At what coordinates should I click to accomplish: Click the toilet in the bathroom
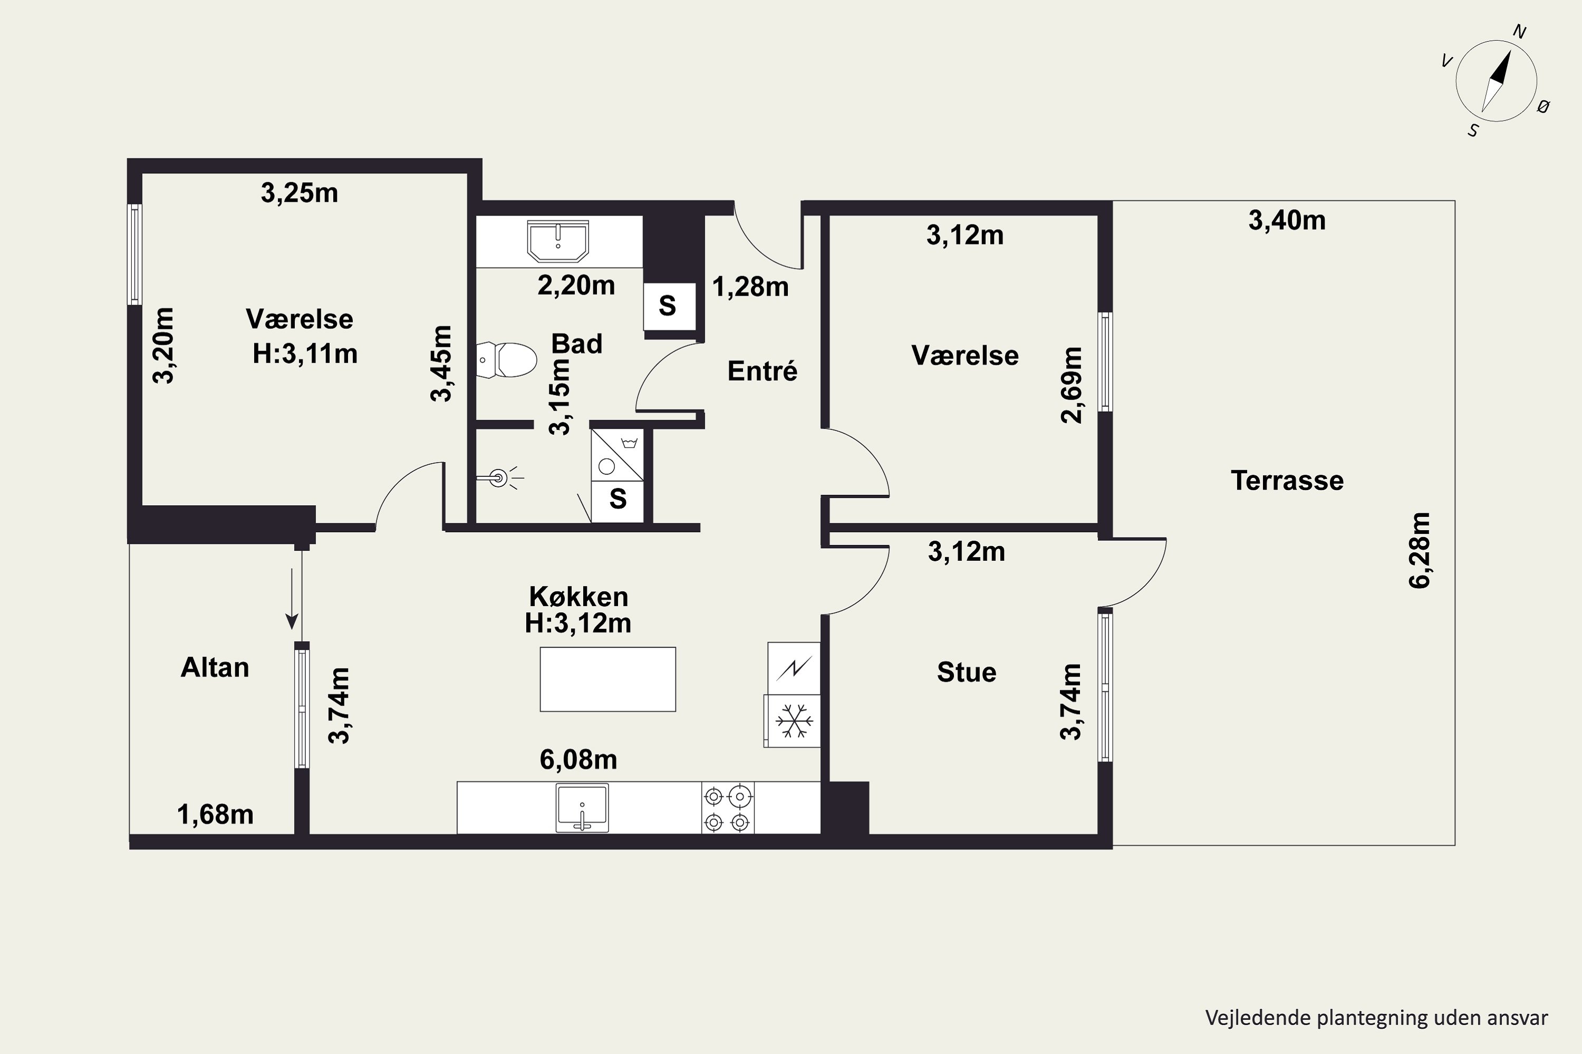tap(506, 359)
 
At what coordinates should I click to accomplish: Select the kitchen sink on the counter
tap(583, 807)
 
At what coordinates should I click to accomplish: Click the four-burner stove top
tap(728, 808)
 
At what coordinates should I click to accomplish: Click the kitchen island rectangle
tap(608, 679)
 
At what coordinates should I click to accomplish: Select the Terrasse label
tap(1287, 481)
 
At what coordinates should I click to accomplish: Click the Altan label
tap(215, 668)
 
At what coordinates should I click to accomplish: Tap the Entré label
tap(762, 370)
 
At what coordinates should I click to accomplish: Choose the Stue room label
tap(967, 672)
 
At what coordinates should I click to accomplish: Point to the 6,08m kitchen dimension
tap(578, 759)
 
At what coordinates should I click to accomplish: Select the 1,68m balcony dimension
tap(215, 815)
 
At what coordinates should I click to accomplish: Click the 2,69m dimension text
tap(1072, 385)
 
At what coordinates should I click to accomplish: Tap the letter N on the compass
tap(1519, 32)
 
